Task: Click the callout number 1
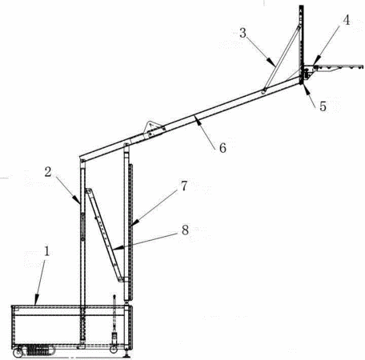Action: [x=47, y=251]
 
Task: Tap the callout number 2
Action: [x=48, y=172]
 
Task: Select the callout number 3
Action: [x=243, y=33]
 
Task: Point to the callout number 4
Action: [x=347, y=20]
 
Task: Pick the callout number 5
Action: [x=323, y=106]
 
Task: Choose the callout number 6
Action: [x=223, y=148]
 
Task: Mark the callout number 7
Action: [x=184, y=186]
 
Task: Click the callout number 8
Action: [x=185, y=230]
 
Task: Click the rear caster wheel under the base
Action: [x=18, y=353]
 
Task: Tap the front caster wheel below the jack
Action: [x=114, y=350]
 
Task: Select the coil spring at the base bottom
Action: [x=38, y=350]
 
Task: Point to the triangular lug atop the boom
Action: [x=151, y=126]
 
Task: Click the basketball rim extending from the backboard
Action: [x=338, y=67]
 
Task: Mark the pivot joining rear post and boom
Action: [x=83, y=161]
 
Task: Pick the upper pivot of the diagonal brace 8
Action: [x=87, y=191]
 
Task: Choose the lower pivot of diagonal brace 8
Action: [x=121, y=279]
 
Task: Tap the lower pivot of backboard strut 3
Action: [x=264, y=91]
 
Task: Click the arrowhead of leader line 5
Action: [x=306, y=90]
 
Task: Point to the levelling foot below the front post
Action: [x=126, y=354]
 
